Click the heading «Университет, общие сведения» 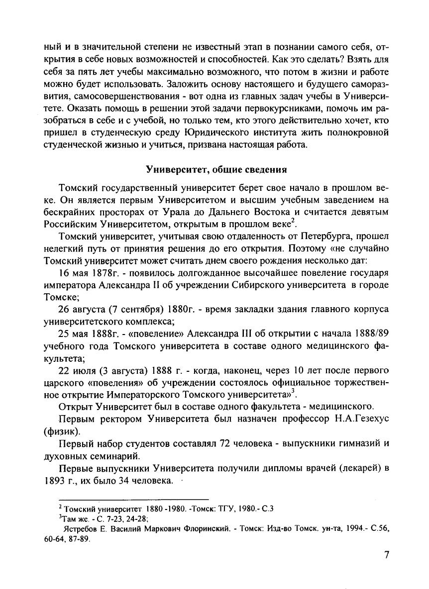(216, 169)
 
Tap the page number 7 (386, 556)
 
